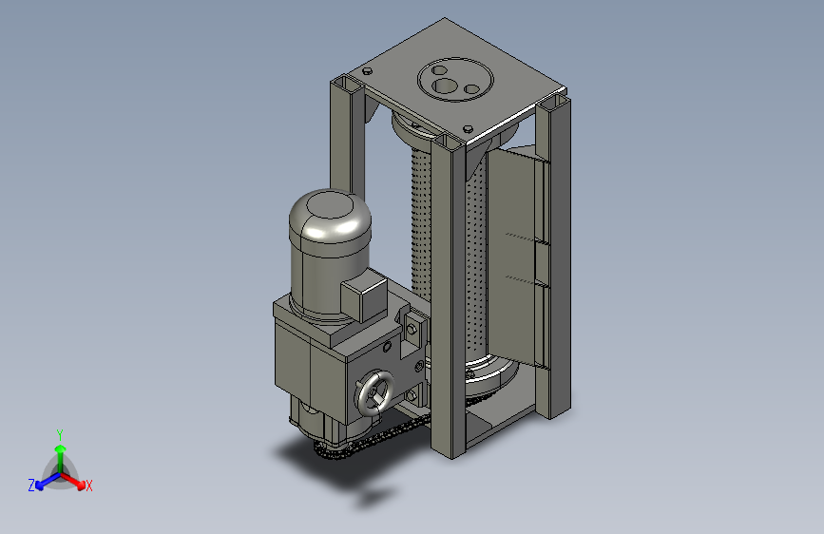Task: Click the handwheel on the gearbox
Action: coord(374,394)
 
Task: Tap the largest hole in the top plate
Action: coord(445,86)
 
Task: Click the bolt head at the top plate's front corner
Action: coord(468,128)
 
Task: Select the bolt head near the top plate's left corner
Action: coord(368,71)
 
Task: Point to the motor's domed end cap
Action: coord(330,216)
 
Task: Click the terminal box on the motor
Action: coord(364,298)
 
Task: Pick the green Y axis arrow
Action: coord(61,458)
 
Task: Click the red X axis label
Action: coord(88,486)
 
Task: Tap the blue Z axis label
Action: coord(31,486)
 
